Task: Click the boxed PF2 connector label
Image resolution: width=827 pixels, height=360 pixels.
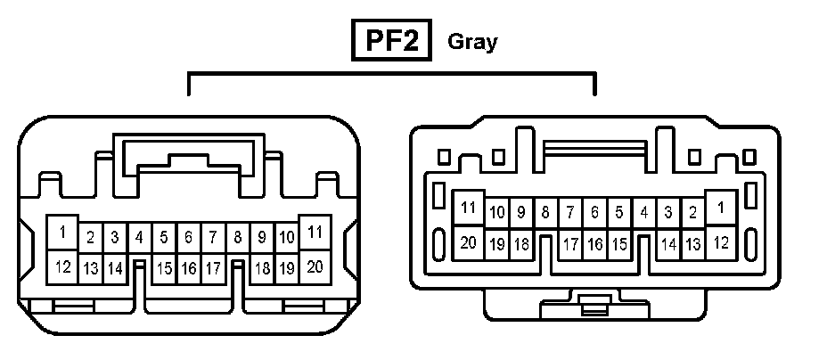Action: coord(393,42)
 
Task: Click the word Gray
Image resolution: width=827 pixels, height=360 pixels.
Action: coord(472,42)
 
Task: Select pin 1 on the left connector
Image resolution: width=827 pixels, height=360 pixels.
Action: coord(62,233)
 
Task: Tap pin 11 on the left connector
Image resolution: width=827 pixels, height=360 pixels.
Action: coord(314,233)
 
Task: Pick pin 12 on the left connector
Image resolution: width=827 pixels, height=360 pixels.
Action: coord(62,266)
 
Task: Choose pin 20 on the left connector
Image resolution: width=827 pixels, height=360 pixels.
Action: coord(314,266)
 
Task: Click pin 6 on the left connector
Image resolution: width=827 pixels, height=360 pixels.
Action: coord(188,238)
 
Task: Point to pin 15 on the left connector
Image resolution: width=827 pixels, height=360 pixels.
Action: coord(164,267)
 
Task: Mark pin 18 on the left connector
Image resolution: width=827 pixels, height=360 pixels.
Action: coord(262,267)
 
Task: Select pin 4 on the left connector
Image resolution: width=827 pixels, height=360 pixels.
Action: coord(139,238)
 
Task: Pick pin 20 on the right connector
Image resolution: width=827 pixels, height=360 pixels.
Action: coord(468,241)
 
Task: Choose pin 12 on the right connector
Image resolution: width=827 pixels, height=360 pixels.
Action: coord(720,241)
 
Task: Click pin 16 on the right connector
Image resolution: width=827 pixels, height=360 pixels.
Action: coord(594,243)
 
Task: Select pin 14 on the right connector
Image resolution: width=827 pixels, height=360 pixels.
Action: coord(668,243)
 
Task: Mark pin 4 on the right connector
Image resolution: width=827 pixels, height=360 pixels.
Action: coord(643,213)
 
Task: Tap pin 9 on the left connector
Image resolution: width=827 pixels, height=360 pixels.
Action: coord(262,238)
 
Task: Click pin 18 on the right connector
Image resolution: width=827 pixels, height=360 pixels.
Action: coord(521,243)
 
